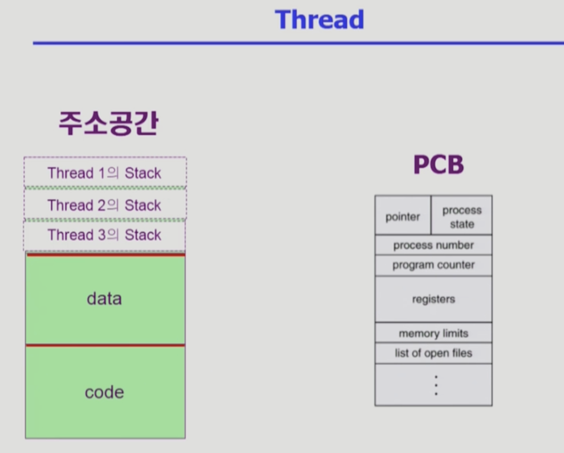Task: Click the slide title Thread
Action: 319,19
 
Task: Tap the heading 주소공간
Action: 108,124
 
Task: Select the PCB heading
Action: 438,165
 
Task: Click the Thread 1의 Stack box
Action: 105,173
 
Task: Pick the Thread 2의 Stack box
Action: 105,205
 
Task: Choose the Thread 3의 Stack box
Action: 105,235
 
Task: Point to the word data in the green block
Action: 104,298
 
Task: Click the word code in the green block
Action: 104,392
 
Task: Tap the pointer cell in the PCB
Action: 403,217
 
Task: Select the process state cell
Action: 462,217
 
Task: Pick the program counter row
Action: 433,265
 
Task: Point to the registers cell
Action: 433,299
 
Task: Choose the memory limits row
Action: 433,333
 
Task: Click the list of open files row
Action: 433,353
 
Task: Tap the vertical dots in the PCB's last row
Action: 436,385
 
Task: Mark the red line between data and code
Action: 105,345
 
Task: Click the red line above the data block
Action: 105,255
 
